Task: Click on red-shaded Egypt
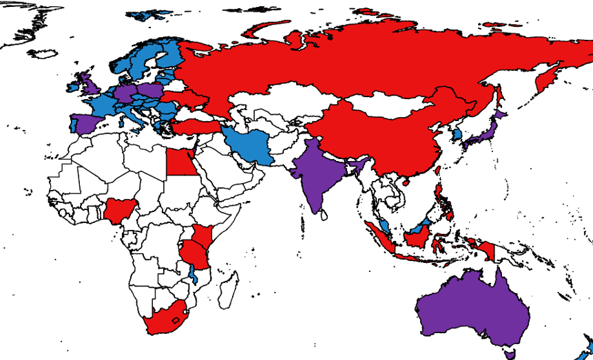pos(181,162)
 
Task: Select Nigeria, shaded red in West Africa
pos(118,210)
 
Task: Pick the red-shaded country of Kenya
pos(202,236)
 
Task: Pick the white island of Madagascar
pos(228,290)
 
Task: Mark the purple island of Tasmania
pos(510,354)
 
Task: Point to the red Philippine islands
pos(440,196)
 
